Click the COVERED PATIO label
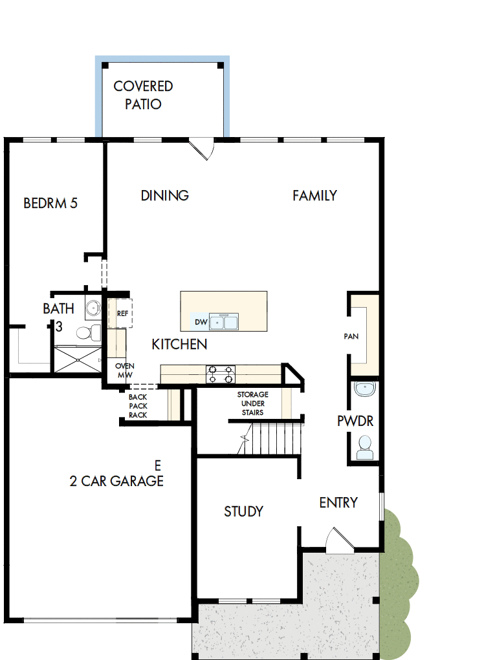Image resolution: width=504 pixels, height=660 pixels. point(143,94)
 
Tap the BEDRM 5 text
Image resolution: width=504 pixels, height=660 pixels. point(50,203)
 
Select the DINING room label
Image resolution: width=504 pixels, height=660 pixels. point(165,195)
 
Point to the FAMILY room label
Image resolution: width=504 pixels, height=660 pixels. point(314,195)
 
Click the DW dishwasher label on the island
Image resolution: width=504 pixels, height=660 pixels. point(201,322)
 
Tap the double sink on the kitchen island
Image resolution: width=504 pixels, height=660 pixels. point(224,321)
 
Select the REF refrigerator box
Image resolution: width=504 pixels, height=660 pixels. point(122,313)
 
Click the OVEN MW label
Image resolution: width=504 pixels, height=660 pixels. point(124,370)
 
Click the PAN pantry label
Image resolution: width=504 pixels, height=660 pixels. point(351,336)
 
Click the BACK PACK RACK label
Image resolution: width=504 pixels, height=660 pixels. point(138,406)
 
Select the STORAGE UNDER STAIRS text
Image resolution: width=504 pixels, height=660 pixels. point(252,403)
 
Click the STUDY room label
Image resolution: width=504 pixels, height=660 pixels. point(243,511)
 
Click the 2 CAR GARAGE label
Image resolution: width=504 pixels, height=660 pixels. point(116,481)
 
